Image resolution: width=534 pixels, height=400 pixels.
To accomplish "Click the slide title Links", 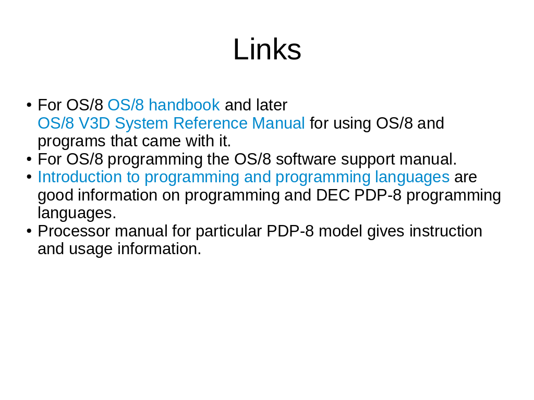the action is [267, 49].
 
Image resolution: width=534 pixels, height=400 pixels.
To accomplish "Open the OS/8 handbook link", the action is [163, 105].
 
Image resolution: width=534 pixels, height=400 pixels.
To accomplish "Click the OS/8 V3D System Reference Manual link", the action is [171, 123].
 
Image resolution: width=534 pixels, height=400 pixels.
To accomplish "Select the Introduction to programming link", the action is [244, 177].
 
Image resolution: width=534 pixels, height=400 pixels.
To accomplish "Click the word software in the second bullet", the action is [306, 159].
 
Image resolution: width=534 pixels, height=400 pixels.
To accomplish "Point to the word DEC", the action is [333, 195].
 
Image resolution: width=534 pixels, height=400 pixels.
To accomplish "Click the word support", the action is [368, 160].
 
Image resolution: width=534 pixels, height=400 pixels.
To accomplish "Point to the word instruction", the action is [446, 231].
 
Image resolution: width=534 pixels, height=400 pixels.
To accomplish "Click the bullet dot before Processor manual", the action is [29, 231].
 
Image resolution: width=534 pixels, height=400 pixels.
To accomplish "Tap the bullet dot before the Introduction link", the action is [29, 177].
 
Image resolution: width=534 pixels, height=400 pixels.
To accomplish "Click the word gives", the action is [385, 232].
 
